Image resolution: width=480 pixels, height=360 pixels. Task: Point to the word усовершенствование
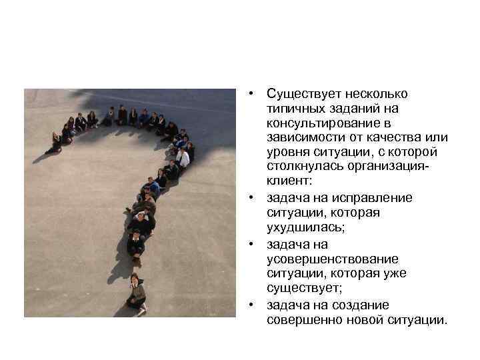point(323,259)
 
